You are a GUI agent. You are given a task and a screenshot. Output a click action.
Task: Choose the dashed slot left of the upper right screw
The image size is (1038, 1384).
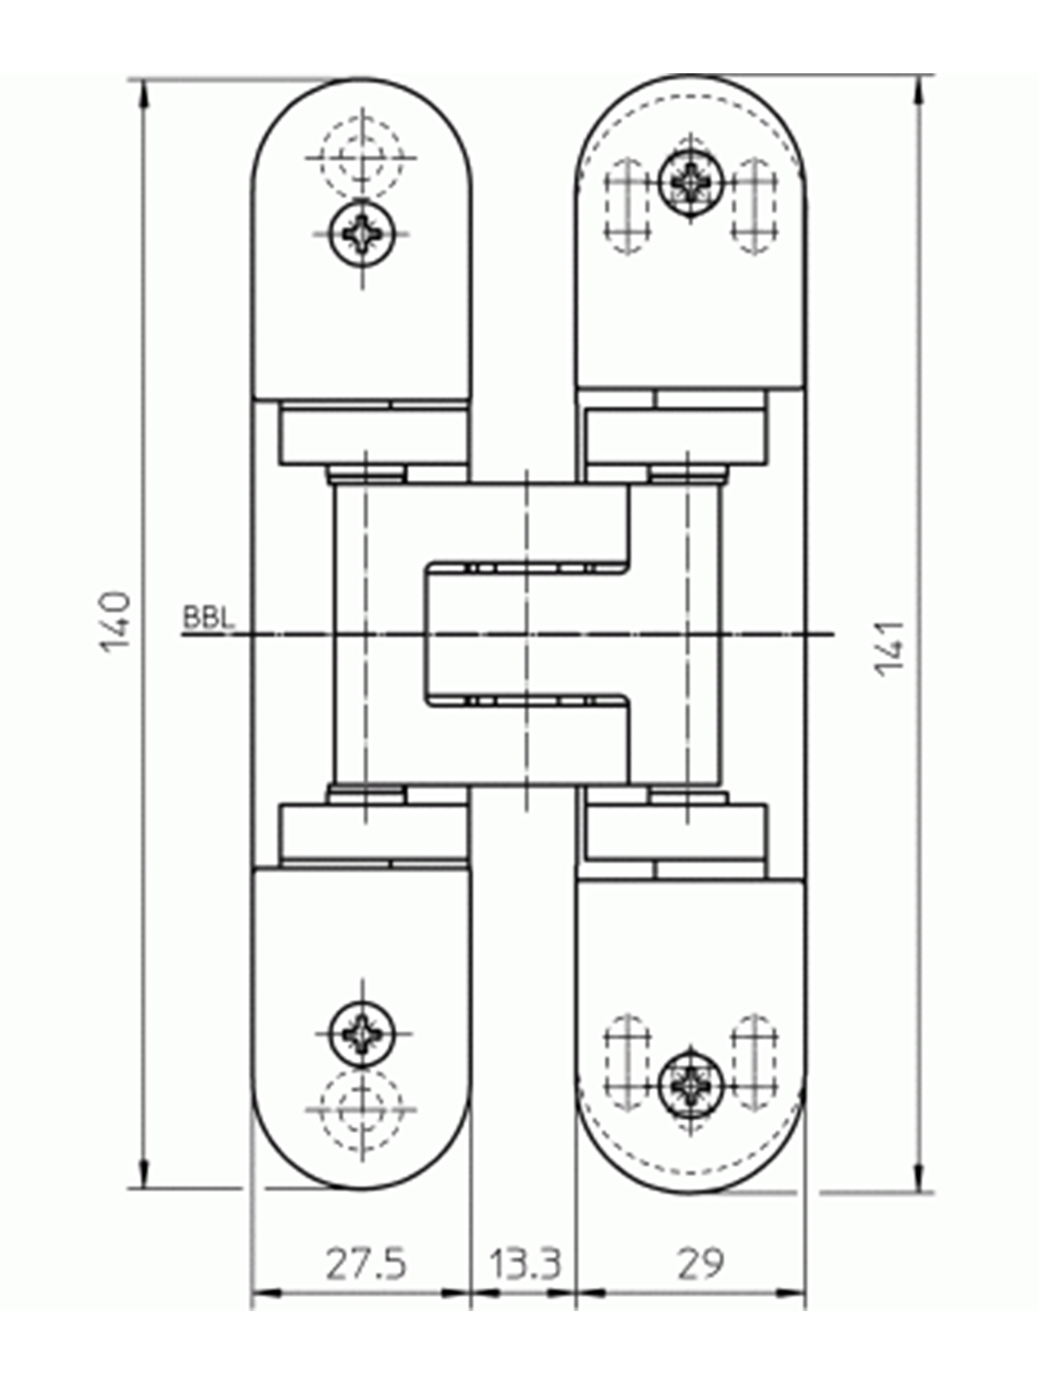tap(628, 206)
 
